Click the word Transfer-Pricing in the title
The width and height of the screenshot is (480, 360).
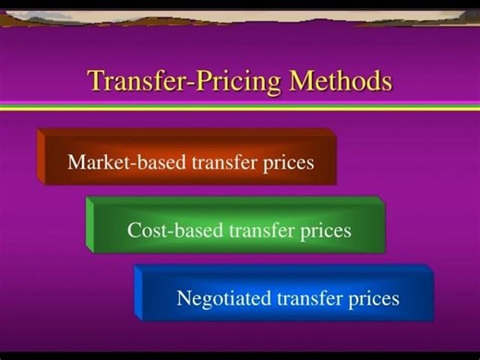point(185,81)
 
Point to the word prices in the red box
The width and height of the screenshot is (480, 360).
point(287,163)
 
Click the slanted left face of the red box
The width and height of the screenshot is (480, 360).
point(42,158)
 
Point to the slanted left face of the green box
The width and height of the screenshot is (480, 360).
point(90,225)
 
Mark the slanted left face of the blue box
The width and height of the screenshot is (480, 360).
point(139,294)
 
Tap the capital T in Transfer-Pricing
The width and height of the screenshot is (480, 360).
point(96,80)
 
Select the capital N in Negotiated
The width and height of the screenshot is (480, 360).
point(184,298)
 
